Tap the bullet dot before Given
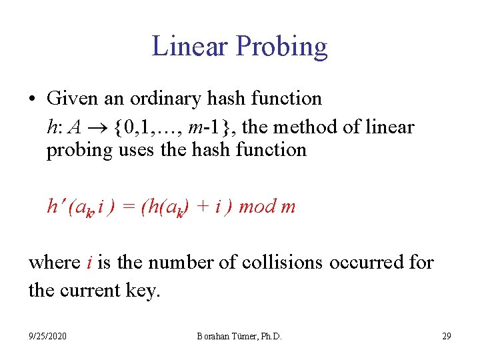tap(32, 99)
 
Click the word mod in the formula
tap(256, 207)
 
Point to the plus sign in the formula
tap(199, 207)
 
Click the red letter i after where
tap(89, 262)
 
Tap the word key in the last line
tap(143, 291)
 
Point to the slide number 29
tap(446, 336)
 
